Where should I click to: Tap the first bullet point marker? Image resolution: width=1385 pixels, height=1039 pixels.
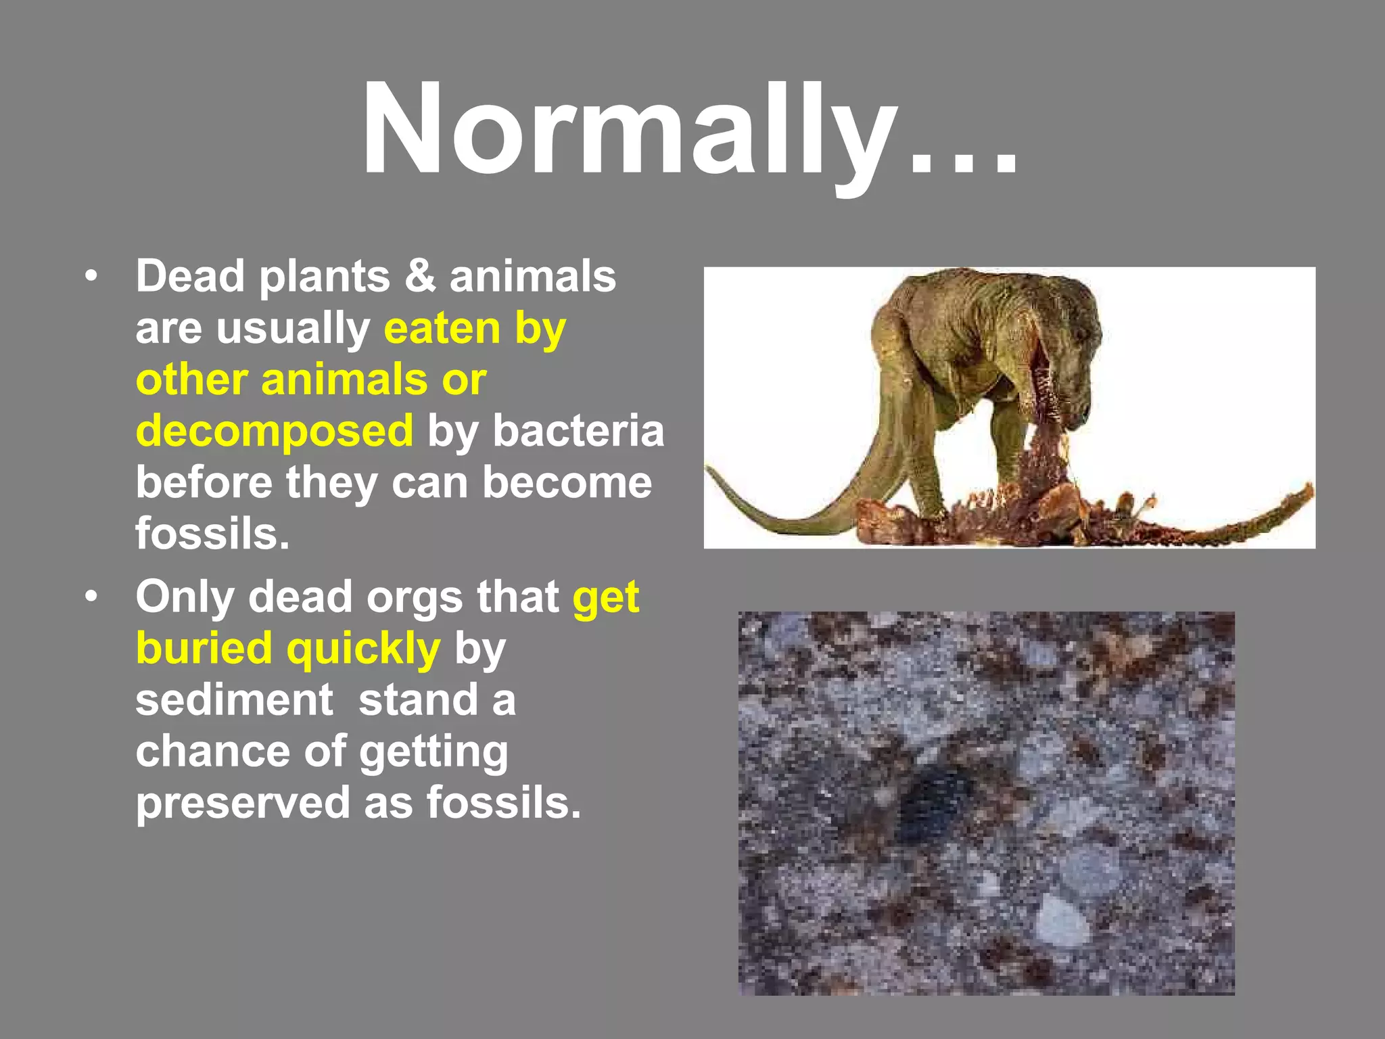(91, 277)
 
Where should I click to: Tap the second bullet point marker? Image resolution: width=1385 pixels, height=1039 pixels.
(91, 597)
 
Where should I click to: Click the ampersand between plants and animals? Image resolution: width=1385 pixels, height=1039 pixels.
(421, 277)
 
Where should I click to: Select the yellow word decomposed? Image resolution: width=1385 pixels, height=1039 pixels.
(275, 432)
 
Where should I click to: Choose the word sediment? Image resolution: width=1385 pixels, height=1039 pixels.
(234, 700)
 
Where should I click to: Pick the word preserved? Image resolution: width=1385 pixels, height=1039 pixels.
(241, 803)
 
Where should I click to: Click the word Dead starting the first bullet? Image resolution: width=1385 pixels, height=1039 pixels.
(190, 277)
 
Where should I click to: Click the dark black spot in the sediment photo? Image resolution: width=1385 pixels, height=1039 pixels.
(937, 802)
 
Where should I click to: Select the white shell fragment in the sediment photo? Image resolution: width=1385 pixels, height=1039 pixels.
(1062, 920)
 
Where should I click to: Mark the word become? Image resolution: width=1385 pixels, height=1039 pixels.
(567, 483)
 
